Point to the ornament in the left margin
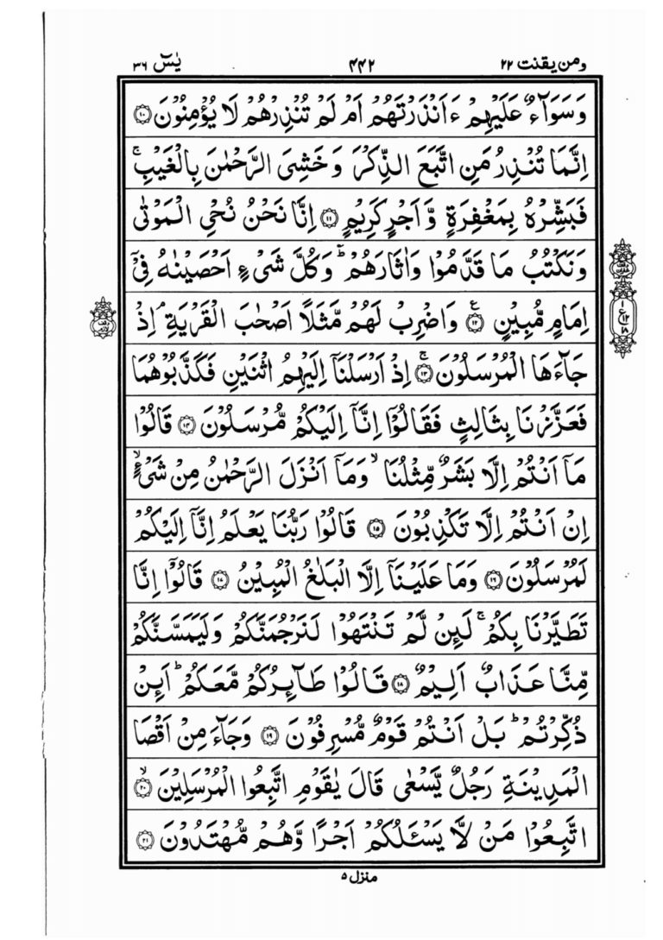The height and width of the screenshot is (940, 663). click(x=103, y=318)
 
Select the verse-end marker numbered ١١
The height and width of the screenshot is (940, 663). click(x=330, y=219)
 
